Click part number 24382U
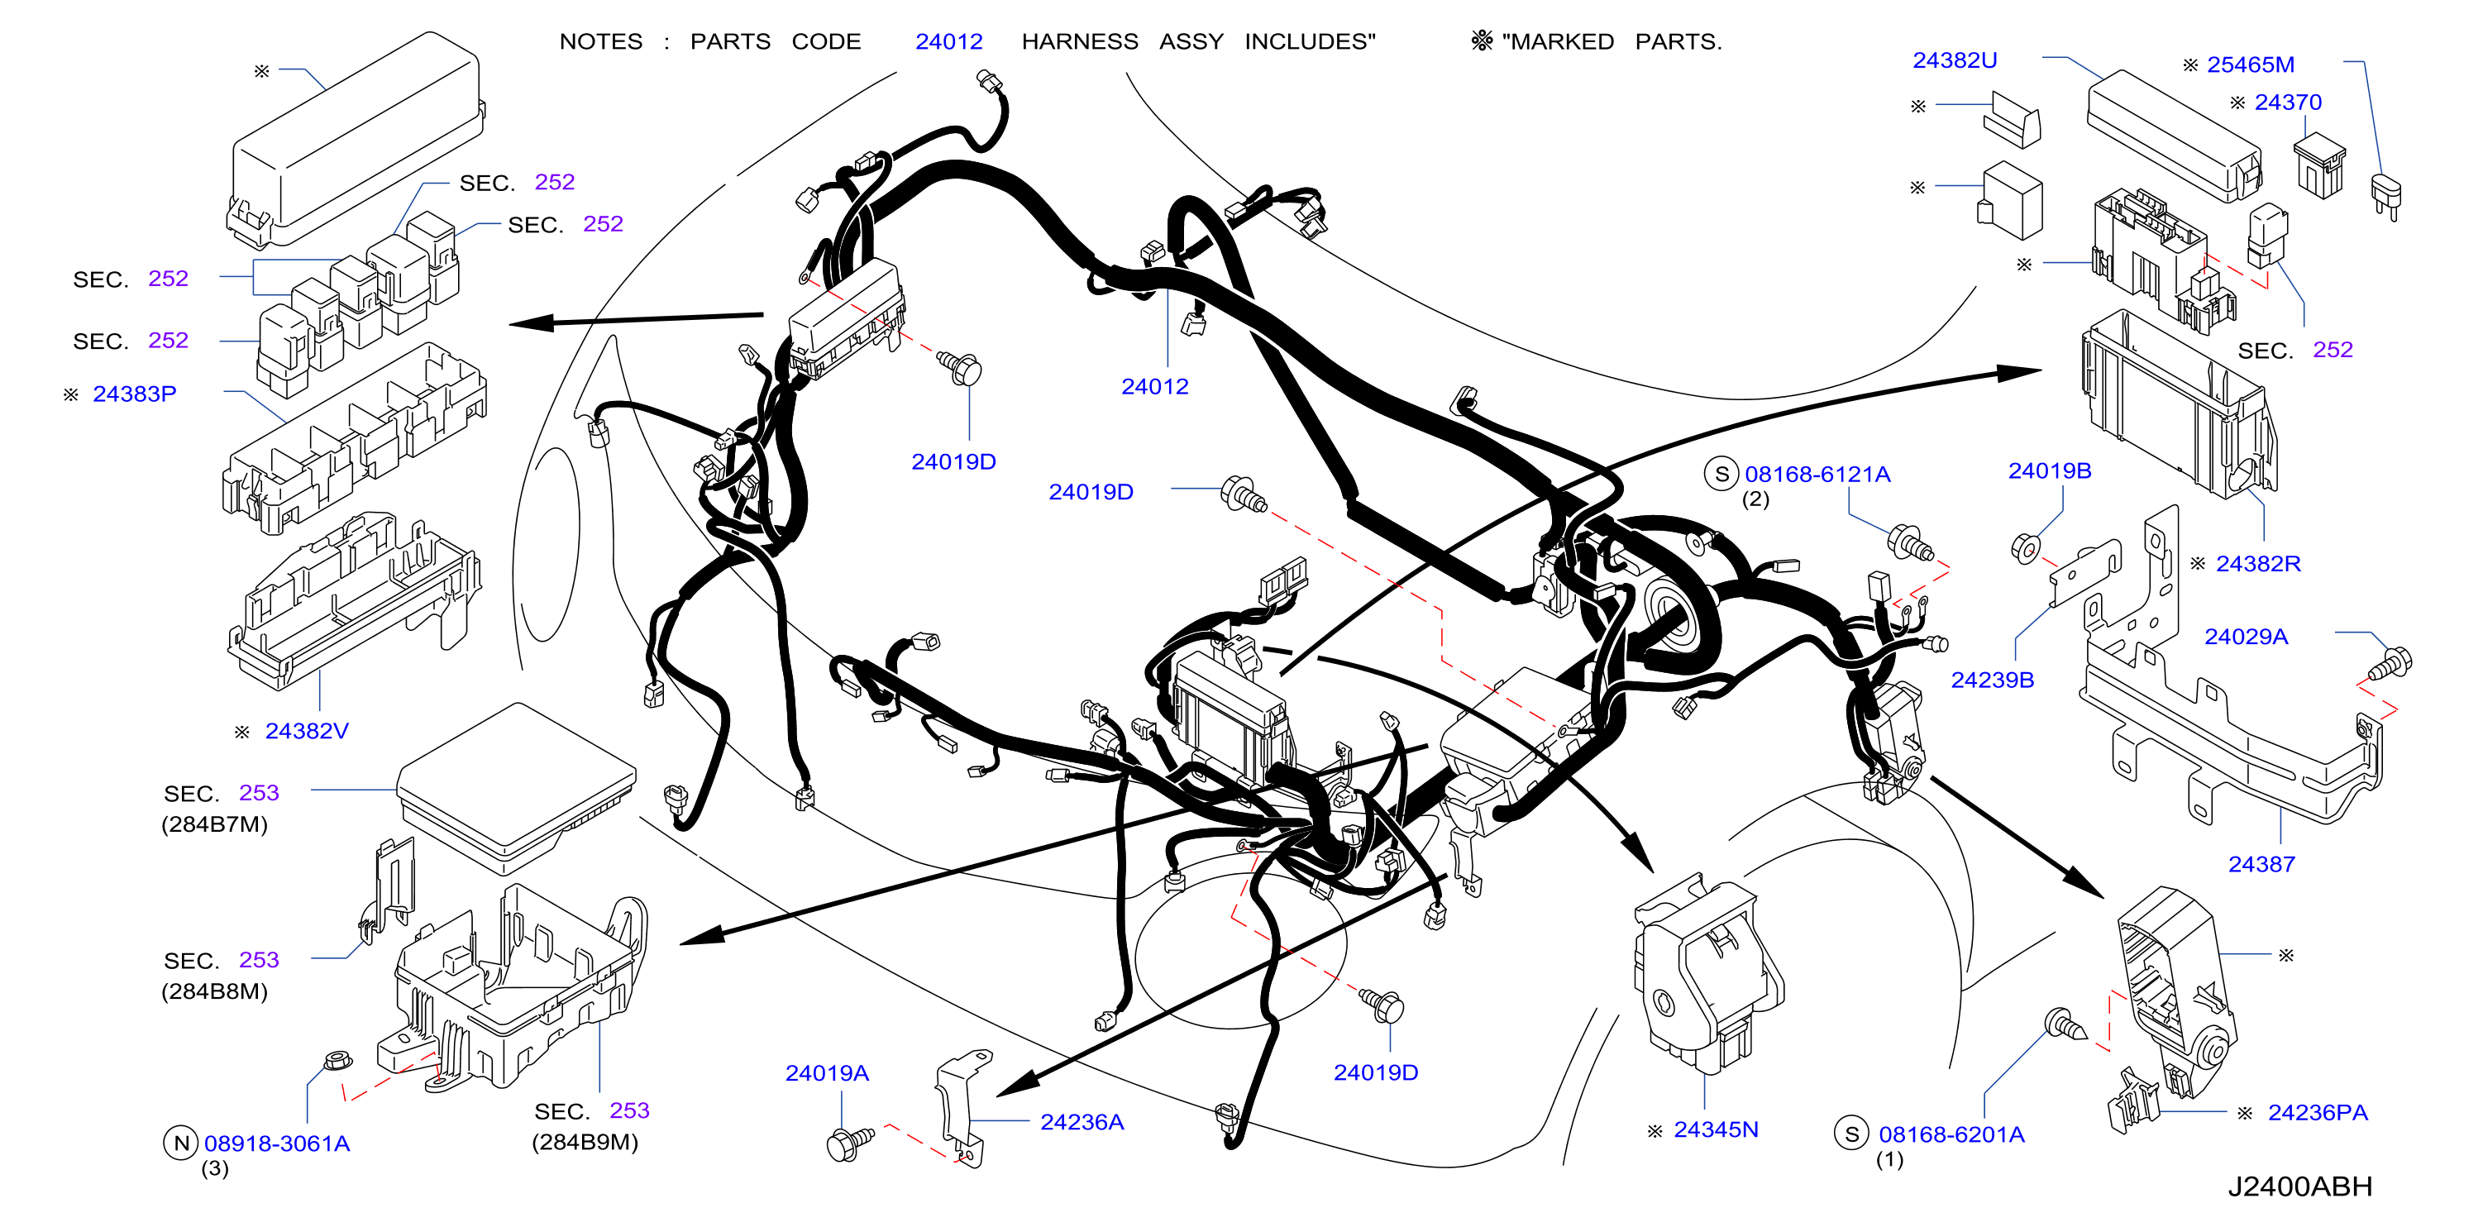(1954, 60)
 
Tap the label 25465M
(2250, 64)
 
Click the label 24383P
(134, 394)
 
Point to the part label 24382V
(307, 732)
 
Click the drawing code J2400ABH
(2300, 1186)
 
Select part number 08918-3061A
(277, 1144)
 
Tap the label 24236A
(1082, 1122)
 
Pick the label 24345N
(1716, 1129)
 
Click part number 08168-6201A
(1951, 1134)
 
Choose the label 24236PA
(2317, 1113)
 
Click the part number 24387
(2261, 865)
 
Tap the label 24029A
(2246, 637)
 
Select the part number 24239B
(1993, 680)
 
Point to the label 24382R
(2258, 564)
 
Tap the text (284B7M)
(214, 825)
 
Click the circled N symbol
(180, 1144)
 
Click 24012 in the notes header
(948, 42)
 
